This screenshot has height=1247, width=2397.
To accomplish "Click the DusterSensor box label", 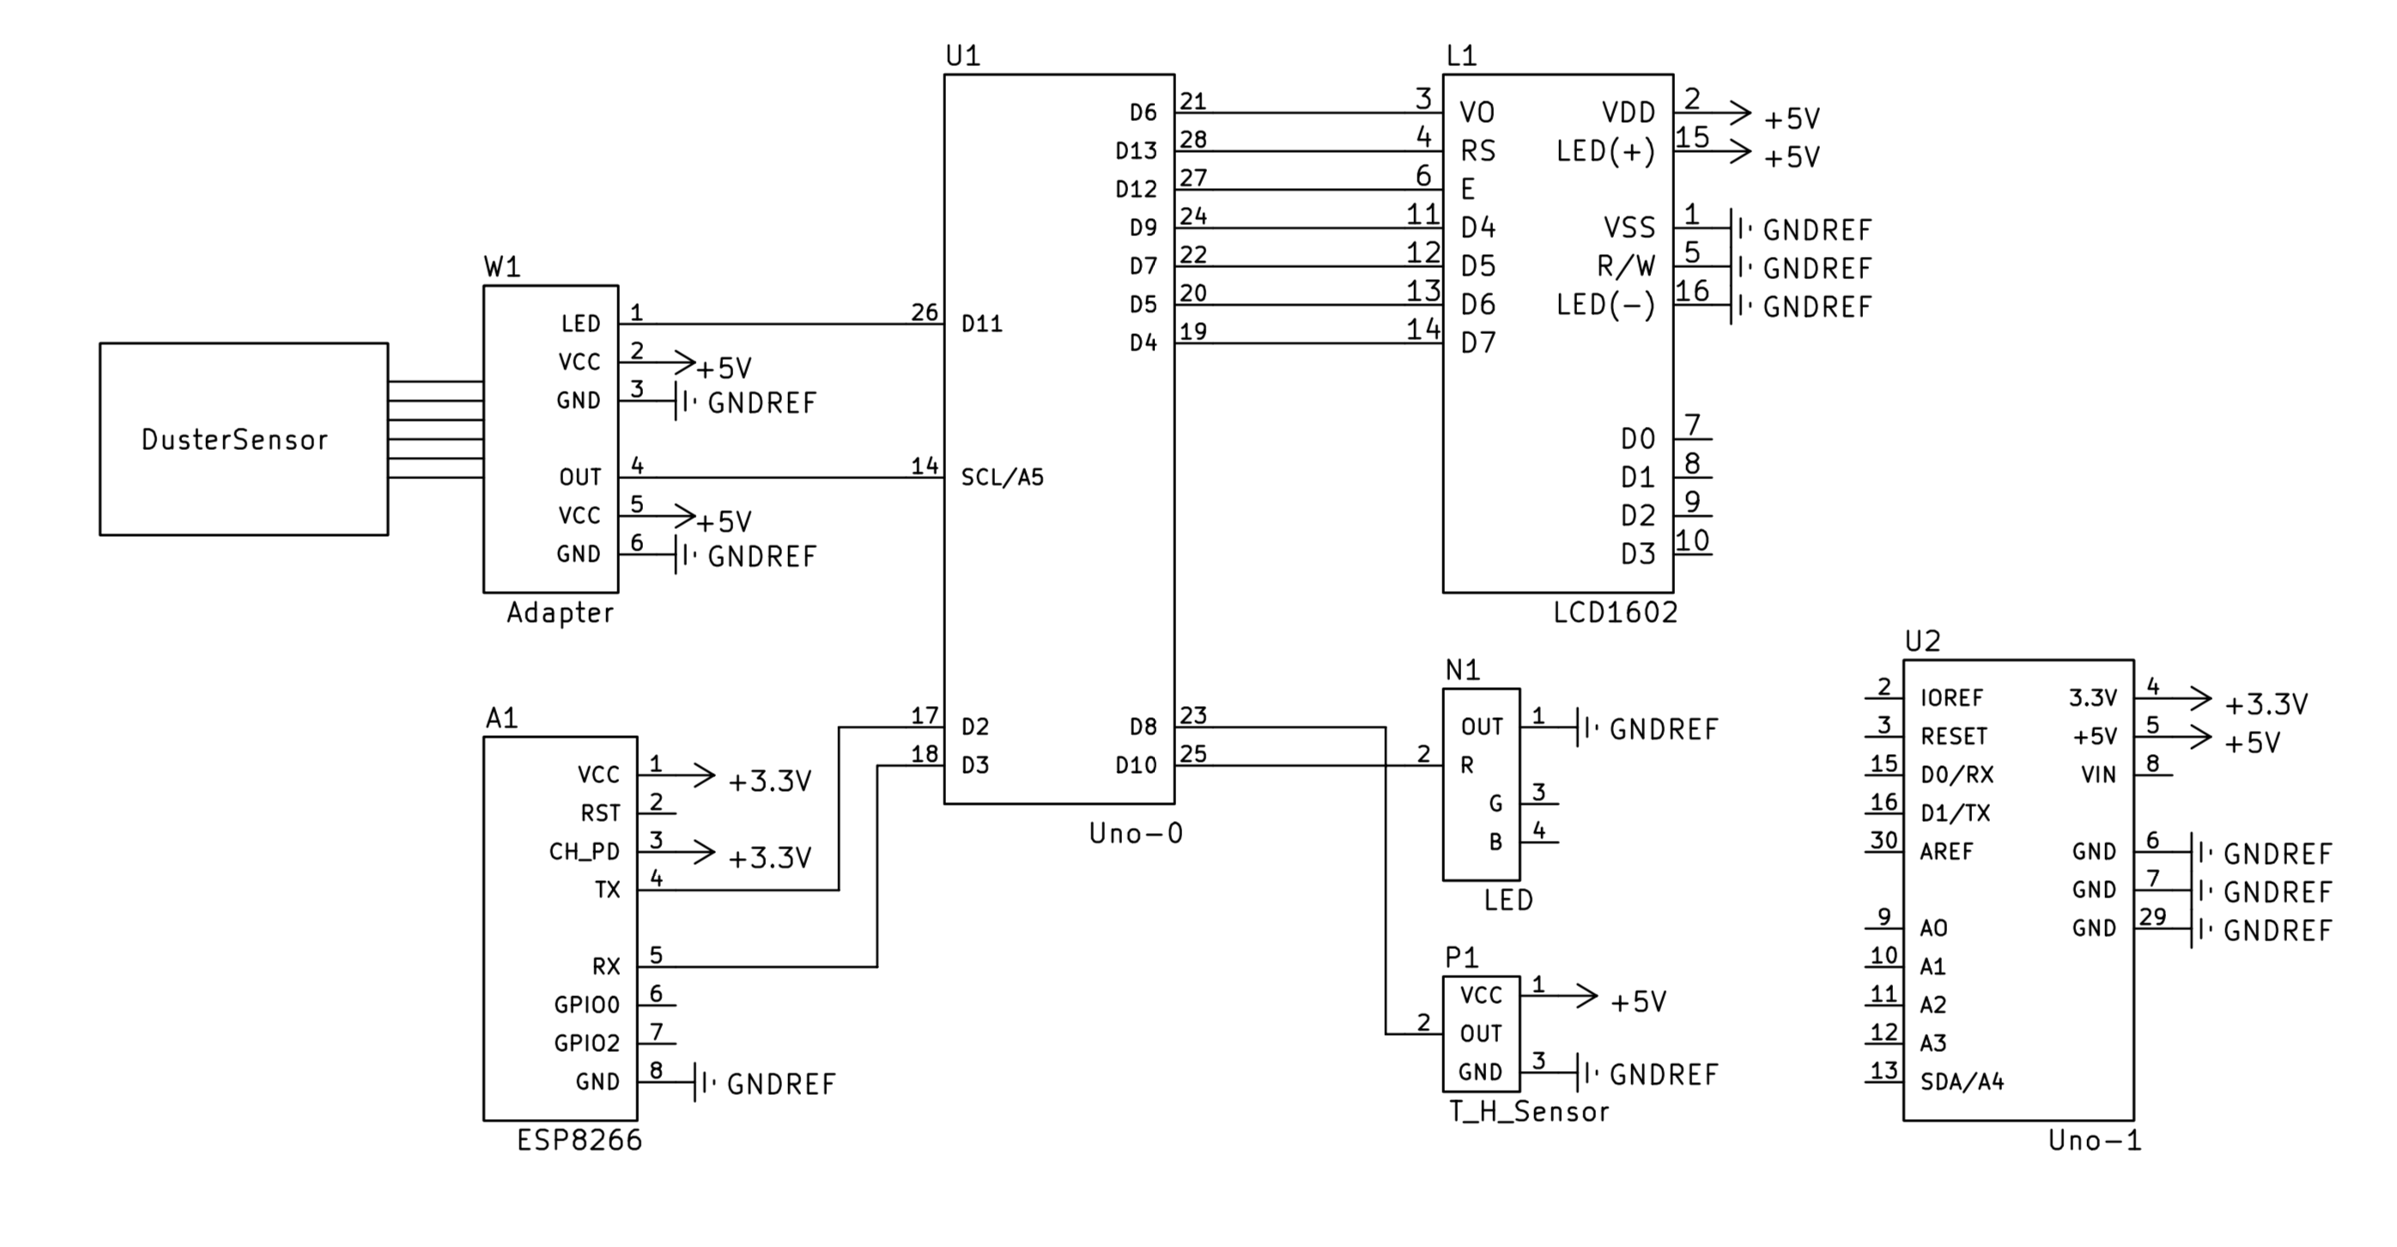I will pyautogui.click(x=234, y=439).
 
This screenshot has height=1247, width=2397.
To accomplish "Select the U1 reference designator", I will pyautogui.click(x=962, y=56).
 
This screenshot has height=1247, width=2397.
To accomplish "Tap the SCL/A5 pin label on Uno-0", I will pyautogui.click(x=1002, y=478).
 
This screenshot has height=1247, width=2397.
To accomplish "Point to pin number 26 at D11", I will pyautogui.click(x=924, y=312).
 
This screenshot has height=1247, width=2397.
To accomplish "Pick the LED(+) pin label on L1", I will pyautogui.click(x=1606, y=151).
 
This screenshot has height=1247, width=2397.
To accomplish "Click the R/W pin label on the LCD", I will pyautogui.click(x=1625, y=267).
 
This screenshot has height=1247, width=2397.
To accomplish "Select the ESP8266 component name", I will pyautogui.click(x=580, y=1140).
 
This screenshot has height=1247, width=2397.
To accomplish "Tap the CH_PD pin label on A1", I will pyautogui.click(x=585, y=851).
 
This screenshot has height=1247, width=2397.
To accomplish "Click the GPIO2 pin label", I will pyautogui.click(x=587, y=1043).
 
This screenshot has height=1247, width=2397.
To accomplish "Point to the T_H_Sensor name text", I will pyautogui.click(x=1529, y=1111).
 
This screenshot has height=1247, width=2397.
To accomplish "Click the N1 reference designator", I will pyautogui.click(x=1462, y=670).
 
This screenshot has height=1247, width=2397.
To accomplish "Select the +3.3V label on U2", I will pyautogui.click(x=2266, y=704).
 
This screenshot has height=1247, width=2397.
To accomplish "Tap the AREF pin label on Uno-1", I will pyautogui.click(x=1945, y=851).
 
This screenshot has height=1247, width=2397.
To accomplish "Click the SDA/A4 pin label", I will pyautogui.click(x=1962, y=1081).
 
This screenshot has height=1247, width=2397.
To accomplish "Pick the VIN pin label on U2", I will pyautogui.click(x=2098, y=775).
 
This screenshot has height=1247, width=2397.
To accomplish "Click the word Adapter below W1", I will pyautogui.click(x=560, y=612).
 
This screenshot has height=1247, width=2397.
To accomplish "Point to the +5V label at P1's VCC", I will pyautogui.click(x=1638, y=1002).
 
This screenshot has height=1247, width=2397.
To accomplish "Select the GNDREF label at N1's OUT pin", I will pyautogui.click(x=1663, y=730).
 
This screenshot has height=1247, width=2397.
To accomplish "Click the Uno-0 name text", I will pyautogui.click(x=1135, y=833).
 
